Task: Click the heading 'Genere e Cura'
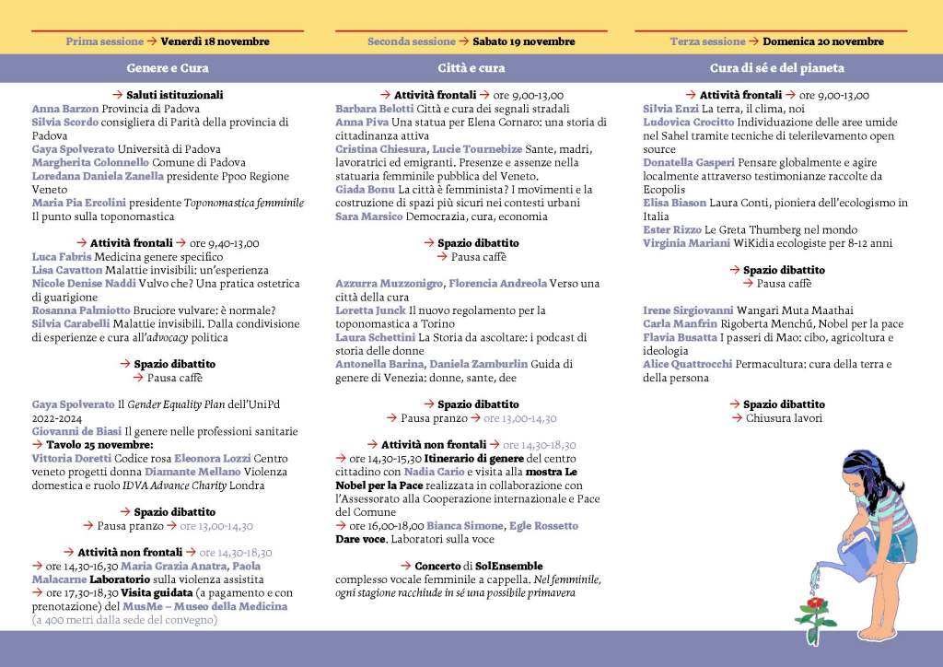tap(168, 68)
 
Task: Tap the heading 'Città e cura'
tap(471, 68)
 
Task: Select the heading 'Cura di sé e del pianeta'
tap(777, 68)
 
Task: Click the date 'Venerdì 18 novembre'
tap(215, 41)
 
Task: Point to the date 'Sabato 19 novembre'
tap(524, 41)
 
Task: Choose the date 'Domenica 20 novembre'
tap(823, 41)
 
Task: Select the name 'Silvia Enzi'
tap(670, 108)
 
